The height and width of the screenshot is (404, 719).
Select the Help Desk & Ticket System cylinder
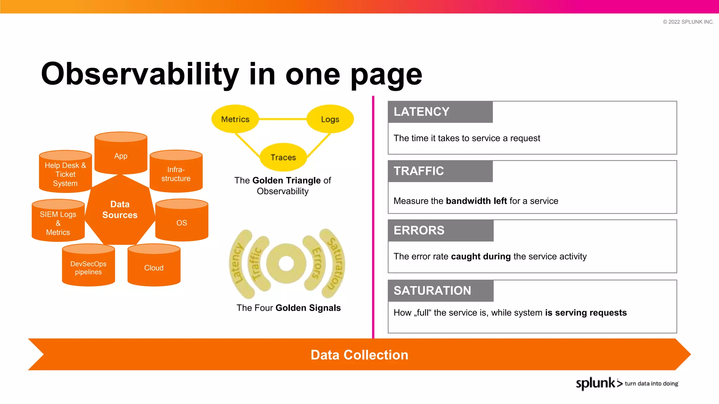pos(65,173)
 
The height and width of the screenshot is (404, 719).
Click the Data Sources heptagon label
pos(120,210)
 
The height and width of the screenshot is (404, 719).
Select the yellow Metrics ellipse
pos(235,119)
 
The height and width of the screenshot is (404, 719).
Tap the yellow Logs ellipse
pos(330,119)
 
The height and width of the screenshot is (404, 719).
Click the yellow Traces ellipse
pos(283,157)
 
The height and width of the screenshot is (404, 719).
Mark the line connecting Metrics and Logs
pos(283,119)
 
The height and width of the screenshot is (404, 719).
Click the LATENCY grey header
pos(440,112)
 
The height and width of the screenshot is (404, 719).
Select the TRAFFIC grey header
pos(440,171)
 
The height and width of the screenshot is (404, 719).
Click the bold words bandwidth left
pos(476,201)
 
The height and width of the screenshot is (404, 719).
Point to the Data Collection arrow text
pos(359,355)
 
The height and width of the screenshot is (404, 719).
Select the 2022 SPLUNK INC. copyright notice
pos(688,22)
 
